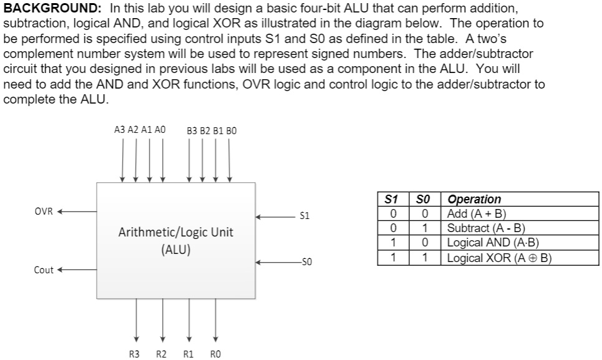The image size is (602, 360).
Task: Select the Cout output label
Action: tap(44, 270)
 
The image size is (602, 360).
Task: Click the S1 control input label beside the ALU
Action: tap(304, 216)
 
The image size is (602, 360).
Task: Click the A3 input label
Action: tap(120, 130)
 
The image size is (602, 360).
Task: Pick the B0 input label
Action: tap(231, 130)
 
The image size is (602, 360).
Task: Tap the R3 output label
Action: tap(134, 354)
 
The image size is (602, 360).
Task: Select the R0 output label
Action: tap(216, 354)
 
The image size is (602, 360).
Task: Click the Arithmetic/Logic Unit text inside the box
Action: tap(176, 232)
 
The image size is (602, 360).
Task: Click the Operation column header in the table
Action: tap(475, 200)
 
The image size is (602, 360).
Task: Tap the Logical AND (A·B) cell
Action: tap(493, 243)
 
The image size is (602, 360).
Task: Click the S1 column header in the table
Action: tap(392, 200)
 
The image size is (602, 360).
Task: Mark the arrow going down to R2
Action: tap(162, 322)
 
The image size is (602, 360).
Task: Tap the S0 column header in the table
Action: tap(424, 200)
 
